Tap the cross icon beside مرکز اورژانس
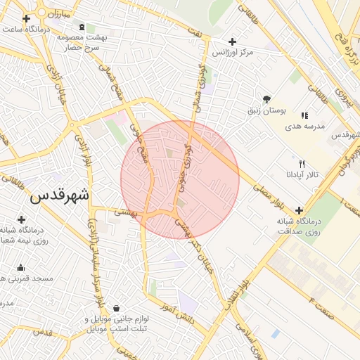point(233,42)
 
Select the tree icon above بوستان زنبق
point(266,100)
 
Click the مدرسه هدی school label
point(304,127)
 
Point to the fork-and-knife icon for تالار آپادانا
point(302,163)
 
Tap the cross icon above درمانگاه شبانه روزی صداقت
point(300,210)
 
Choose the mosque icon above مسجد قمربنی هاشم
point(20,267)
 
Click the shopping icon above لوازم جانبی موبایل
point(116,309)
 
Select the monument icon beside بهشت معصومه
point(82,27)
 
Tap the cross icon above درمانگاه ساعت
point(26,19)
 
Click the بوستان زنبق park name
point(266,110)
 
